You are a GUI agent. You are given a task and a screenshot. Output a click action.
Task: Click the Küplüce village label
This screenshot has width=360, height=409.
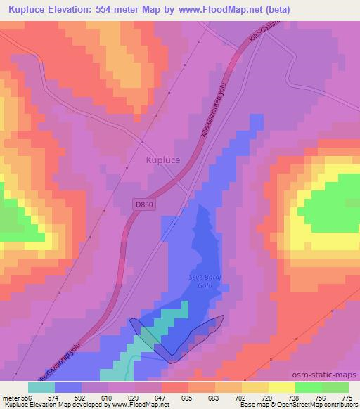pos(162,160)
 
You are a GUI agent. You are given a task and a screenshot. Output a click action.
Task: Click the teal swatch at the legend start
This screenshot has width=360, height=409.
pos(41,387)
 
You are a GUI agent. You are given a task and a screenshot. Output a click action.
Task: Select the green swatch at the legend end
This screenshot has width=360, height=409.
pos(335,387)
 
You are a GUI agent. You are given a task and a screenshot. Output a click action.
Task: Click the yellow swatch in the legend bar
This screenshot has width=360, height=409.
pos(281,387)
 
